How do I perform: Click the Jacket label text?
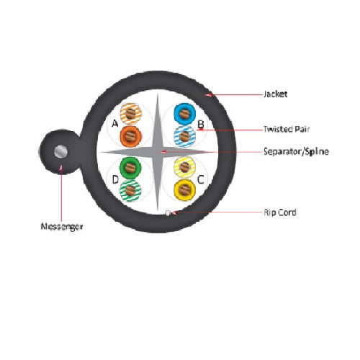point(275,94)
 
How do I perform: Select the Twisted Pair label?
point(287,129)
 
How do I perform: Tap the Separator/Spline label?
point(296,151)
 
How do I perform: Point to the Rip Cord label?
point(280,212)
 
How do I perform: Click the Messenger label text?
point(62,227)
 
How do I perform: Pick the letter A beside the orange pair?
point(115,124)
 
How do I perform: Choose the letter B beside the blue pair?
point(201,125)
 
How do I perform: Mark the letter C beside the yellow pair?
point(201,179)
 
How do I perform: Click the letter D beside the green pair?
point(115,179)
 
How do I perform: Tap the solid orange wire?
point(131,136)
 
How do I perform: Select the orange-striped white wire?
point(131,114)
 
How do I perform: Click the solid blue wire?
point(184,114)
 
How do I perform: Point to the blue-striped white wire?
point(184,136)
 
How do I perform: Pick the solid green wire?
point(130,168)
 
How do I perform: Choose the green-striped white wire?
point(130,191)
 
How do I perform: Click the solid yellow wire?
point(184,190)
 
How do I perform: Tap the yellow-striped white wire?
point(184,167)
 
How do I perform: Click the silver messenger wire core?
point(60,152)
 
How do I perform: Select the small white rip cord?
point(168,213)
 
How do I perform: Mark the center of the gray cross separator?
point(158,152)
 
